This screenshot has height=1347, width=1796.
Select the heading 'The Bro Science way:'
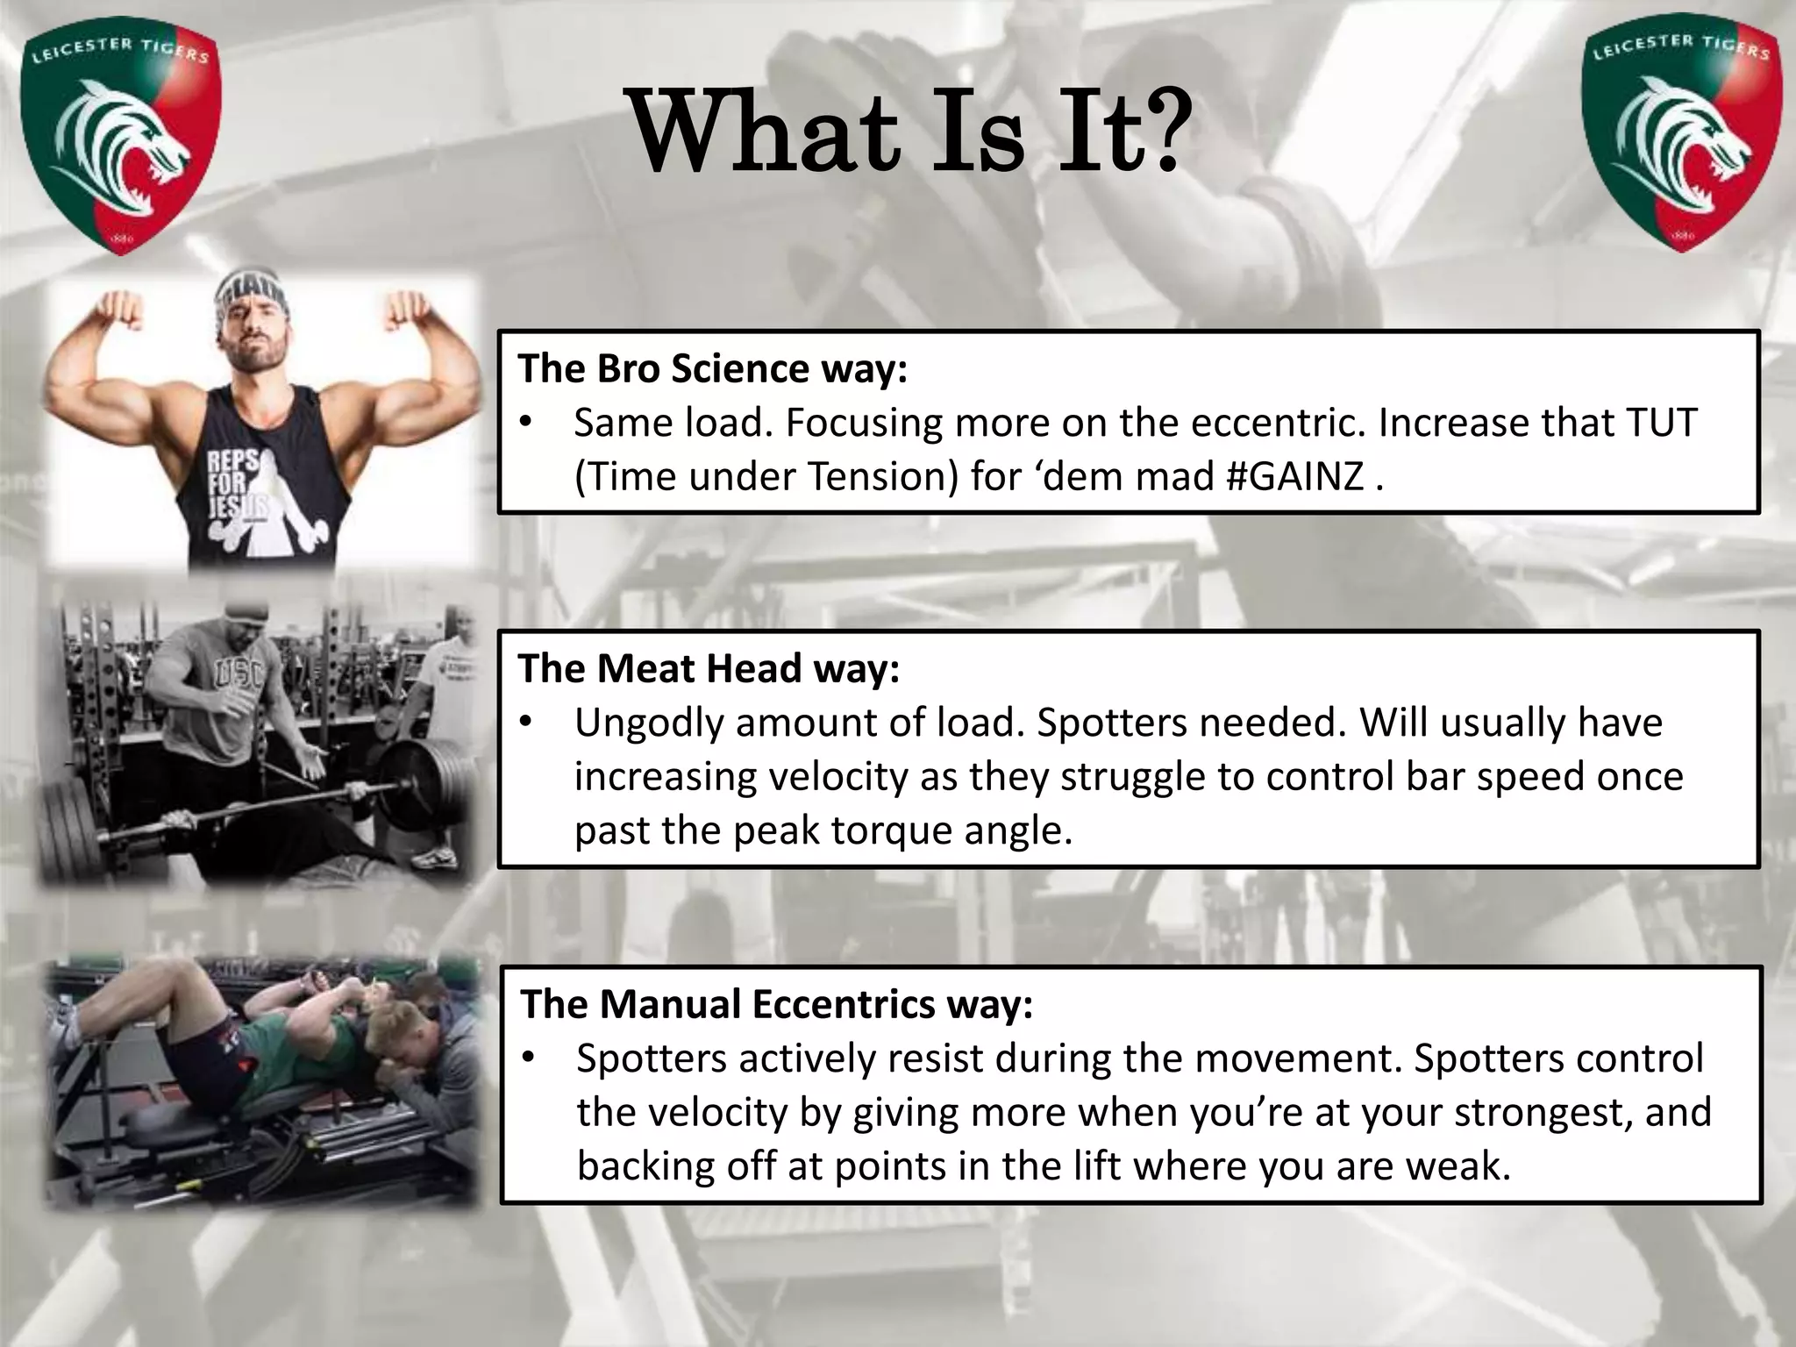(712, 369)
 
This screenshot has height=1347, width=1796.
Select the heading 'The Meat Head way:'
(709, 669)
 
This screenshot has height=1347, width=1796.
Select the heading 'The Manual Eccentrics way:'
(777, 1005)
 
